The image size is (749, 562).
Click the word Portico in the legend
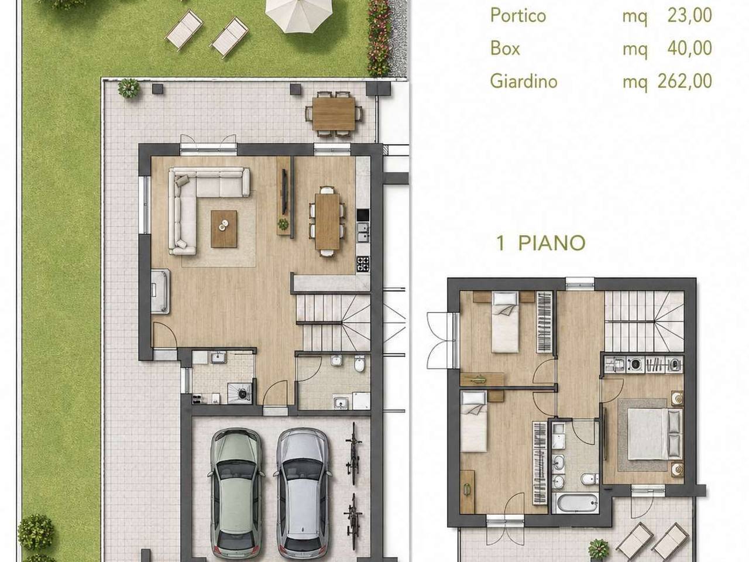518,16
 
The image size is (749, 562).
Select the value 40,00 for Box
690,48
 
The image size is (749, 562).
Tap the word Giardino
524,81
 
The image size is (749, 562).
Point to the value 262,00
685,81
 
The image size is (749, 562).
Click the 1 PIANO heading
541,244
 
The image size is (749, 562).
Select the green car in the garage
235,495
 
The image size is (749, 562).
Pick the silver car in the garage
303,495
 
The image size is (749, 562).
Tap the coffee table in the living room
224,229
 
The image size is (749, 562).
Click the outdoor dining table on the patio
334,114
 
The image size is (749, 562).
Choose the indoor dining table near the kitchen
327,221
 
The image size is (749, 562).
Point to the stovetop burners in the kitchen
363,264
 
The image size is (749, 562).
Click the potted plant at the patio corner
129,88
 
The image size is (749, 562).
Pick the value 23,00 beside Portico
690,16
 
